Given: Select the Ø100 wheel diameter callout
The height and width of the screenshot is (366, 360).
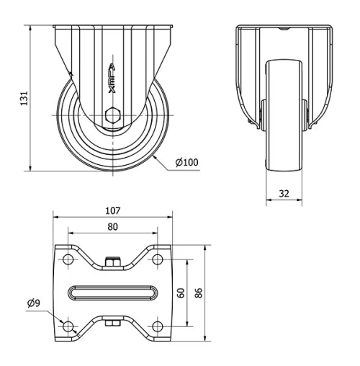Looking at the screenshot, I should (x=187, y=162).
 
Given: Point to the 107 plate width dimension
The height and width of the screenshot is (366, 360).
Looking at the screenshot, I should (x=112, y=211).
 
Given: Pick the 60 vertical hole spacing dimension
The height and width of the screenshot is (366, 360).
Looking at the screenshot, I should (x=182, y=293).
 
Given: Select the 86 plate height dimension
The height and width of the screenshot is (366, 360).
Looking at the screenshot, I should (x=200, y=293).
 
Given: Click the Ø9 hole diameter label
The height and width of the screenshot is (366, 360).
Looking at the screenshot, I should (x=34, y=303).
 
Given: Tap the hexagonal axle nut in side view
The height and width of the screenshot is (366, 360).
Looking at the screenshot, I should (x=112, y=115).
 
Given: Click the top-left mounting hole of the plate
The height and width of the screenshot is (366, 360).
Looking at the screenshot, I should (x=68, y=259).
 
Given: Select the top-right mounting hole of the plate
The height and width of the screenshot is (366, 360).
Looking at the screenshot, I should (x=156, y=259).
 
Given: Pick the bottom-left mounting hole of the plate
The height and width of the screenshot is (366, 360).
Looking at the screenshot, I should (x=68, y=326).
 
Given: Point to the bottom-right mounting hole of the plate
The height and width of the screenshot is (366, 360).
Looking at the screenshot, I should (x=156, y=326).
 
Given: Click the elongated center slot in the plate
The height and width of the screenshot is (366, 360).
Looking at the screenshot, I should (x=112, y=293).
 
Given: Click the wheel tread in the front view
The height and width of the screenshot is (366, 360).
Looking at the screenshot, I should (x=286, y=115).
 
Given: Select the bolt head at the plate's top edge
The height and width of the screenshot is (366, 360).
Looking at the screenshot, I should (x=112, y=262).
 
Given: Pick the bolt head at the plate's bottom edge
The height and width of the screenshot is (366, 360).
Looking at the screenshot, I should (x=112, y=325).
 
